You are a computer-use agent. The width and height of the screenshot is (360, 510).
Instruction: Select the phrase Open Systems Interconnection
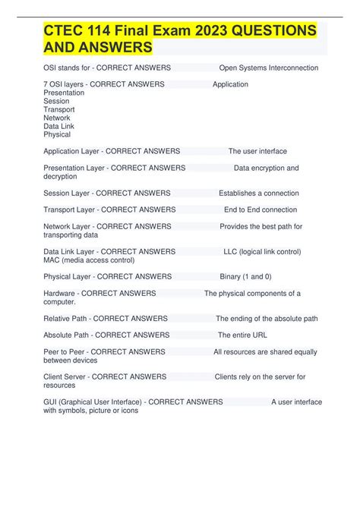(268, 68)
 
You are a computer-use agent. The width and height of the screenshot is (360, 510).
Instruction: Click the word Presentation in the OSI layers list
(64, 93)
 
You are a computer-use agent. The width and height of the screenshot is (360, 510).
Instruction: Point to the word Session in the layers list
(56, 101)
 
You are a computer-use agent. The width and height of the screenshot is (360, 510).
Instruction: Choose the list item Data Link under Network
(59, 126)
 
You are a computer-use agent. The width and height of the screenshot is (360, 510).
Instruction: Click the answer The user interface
(257, 151)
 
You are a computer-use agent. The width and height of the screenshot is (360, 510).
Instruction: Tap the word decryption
(60, 176)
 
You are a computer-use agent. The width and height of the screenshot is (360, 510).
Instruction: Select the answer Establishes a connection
(259, 193)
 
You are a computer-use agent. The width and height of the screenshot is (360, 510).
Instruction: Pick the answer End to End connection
(261, 209)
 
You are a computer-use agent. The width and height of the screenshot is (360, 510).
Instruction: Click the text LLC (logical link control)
(262, 251)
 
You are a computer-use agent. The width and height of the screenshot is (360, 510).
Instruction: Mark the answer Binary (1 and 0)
(245, 276)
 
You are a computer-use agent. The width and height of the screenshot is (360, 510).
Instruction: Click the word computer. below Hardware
(59, 301)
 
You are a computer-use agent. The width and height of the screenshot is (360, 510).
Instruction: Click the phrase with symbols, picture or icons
(91, 411)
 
